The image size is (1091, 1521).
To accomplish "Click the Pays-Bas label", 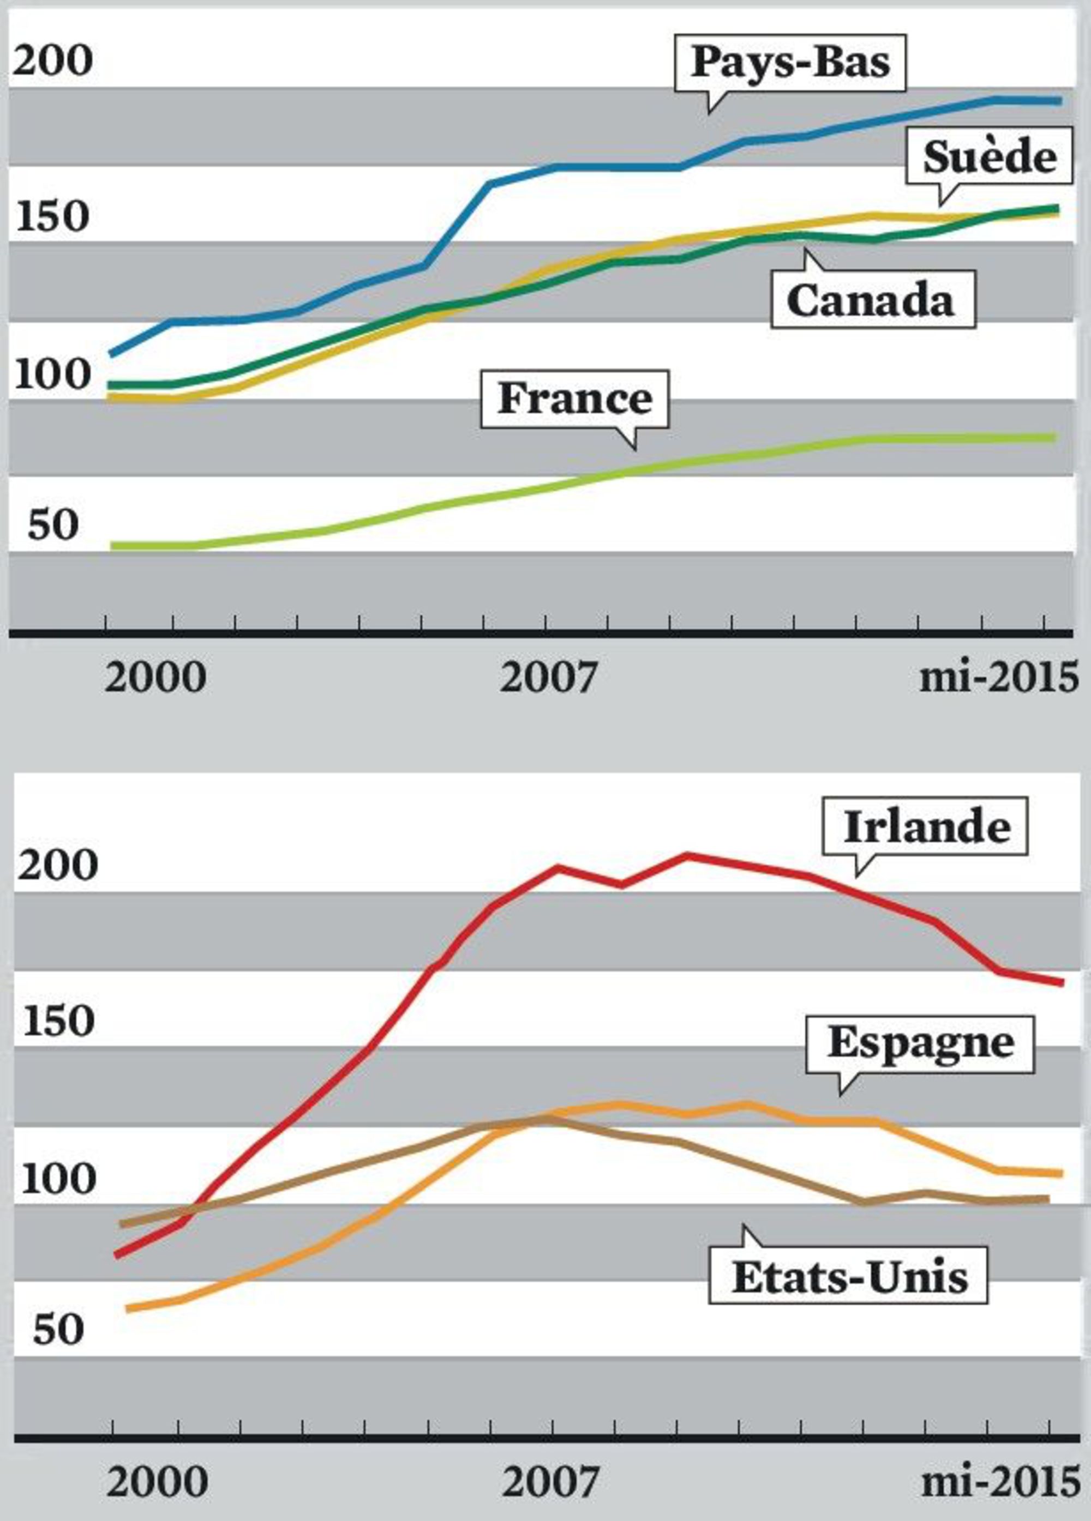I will pos(790,64).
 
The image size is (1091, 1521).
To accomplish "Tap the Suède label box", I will pos(989,158).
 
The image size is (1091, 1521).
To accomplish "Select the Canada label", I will pos(872,299).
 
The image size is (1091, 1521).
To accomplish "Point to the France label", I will pos(574,399).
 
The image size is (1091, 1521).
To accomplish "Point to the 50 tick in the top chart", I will pos(53,525).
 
